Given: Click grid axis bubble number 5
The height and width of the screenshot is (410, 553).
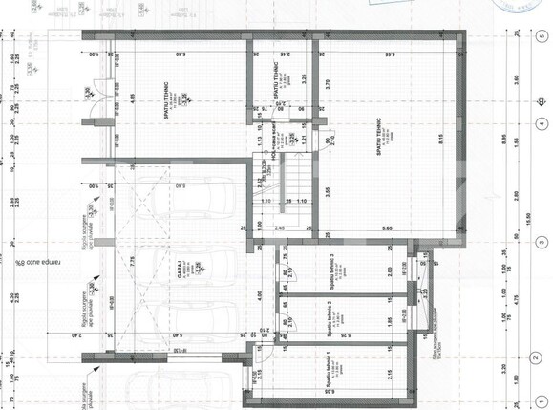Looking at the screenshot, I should (x=542, y=32).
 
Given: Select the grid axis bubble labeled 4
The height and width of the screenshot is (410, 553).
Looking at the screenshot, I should (x=542, y=123).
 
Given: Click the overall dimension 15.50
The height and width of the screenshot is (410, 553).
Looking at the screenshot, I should (x=523, y=221).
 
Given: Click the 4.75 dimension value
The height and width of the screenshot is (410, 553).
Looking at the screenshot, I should (x=504, y=298).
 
